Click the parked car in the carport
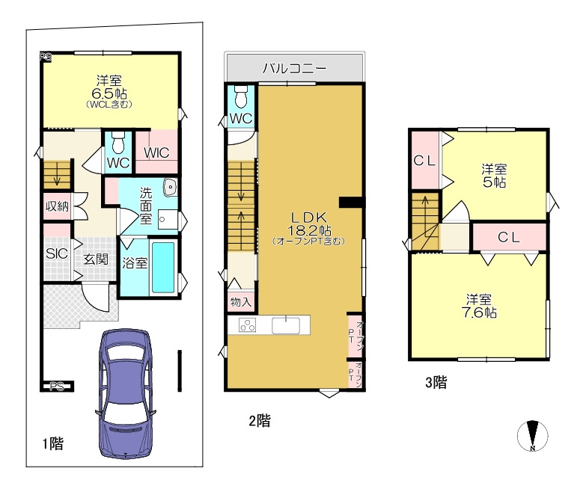click(x=126, y=393)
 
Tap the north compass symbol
click(x=533, y=436)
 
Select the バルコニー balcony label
click(x=294, y=68)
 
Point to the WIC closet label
click(x=156, y=153)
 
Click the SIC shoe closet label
click(x=57, y=253)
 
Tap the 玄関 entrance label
click(x=96, y=259)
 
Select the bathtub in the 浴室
click(x=163, y=267)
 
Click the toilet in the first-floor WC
click(x=118, y=143)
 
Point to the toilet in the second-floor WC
click(x=242, y=96)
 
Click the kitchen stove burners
click(x=248, y=325)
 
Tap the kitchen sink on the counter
click(x=286, y=325)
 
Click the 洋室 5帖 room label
click(x=494, y=176)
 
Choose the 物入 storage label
click(x=241, y=301)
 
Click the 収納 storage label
click(x=57, y=206)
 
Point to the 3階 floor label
click(x=436, y=382)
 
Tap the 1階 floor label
click(x=52, y=444)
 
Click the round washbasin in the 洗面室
click(x=171, y=187)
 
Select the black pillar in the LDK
click(x=351, y=202)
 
